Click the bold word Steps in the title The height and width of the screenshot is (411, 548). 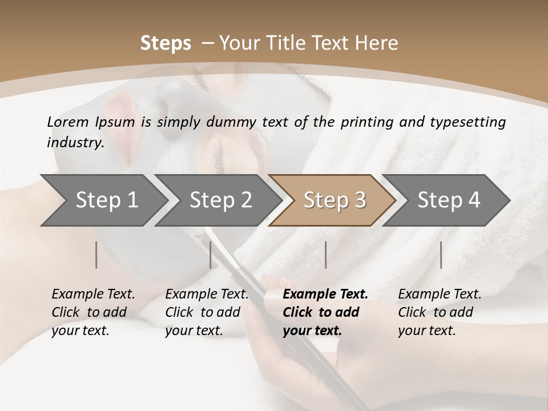tap(166, 43)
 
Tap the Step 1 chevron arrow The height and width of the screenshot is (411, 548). tap(103, 200)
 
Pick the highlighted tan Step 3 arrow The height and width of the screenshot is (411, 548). tap(333, 200)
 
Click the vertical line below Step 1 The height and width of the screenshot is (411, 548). tap(96, 255)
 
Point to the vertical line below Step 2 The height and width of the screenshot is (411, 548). tap(211, 255)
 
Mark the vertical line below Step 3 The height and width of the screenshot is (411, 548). tap(326, 255)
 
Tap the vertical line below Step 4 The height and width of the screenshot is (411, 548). tap(441, 255)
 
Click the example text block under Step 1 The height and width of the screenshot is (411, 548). tap(93, 312)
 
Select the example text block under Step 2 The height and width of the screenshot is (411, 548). tap(207, 312)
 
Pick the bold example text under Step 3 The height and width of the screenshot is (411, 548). tap(325, 312)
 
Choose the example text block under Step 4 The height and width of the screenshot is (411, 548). tap(440, 312)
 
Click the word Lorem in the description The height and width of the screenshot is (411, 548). tap(68, 122)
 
